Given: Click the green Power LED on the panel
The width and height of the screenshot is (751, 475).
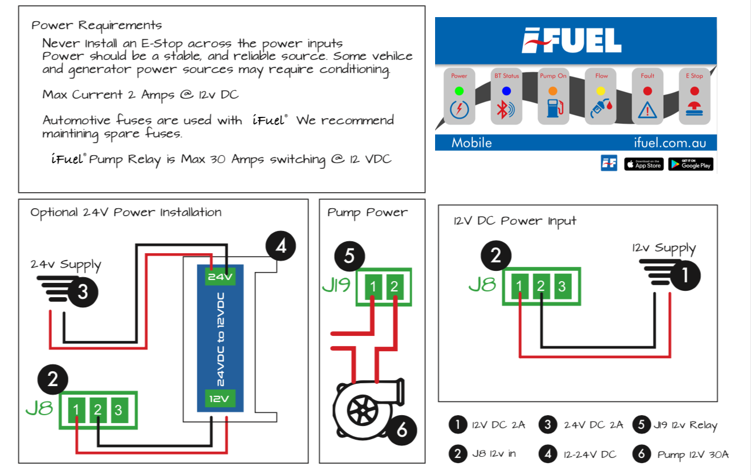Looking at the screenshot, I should click(459, 91).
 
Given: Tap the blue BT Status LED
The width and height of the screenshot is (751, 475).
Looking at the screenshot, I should click(506, 91).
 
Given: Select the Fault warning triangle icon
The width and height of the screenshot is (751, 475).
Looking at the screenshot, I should click(647, 110).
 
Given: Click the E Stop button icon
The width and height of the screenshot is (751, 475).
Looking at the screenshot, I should click(694, 109).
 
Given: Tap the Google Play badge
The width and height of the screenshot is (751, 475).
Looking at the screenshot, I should click(691, 164).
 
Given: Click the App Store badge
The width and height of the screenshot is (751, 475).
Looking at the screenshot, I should click(644, 164).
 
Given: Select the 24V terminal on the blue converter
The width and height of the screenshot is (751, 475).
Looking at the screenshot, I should click(220, 277).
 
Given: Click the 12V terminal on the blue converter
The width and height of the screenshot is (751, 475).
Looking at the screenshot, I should click(220, 399).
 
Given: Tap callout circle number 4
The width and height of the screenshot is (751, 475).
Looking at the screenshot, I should click(281, 247).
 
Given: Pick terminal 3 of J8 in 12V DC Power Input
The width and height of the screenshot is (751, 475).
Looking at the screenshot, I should click(562, 286).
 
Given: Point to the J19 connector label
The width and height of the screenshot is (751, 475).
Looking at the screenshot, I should click(336, 286).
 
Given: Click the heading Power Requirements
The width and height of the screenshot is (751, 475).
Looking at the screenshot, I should click(96, 26).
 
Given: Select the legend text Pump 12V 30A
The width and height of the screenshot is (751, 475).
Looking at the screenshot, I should click(692, 454).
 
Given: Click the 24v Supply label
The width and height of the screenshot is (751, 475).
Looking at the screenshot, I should click(66, 265).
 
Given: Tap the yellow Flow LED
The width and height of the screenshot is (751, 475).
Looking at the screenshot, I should click(600, 91).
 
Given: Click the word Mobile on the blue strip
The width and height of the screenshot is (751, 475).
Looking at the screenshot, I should click(472, 143).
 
